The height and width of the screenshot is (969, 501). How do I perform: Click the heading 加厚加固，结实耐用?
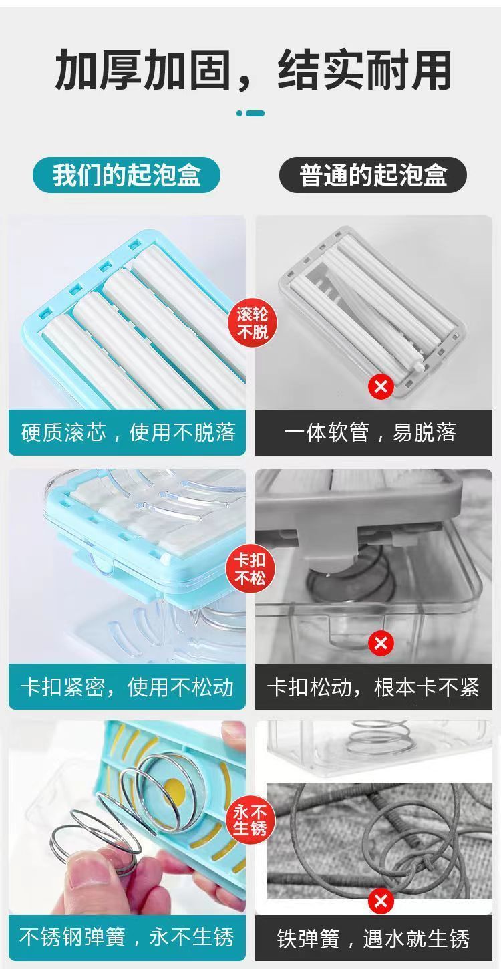[253, 70]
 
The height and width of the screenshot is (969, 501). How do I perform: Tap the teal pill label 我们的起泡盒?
[126, 175]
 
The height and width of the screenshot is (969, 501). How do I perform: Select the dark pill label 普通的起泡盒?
[373, 175]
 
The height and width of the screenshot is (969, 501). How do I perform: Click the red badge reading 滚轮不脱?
[252, 323]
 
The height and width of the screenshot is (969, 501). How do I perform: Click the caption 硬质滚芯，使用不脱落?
[128, 432]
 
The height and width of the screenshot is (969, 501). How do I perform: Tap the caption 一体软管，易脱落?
[370, 432]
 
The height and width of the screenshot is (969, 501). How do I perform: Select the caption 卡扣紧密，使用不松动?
[127, 687]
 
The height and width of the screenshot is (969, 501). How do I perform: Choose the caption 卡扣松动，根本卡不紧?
[373, 687]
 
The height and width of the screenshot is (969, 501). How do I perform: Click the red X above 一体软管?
[381, 386]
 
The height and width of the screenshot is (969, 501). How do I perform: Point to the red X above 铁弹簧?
[381, 901]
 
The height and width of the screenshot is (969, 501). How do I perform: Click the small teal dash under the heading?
[255, 114]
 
